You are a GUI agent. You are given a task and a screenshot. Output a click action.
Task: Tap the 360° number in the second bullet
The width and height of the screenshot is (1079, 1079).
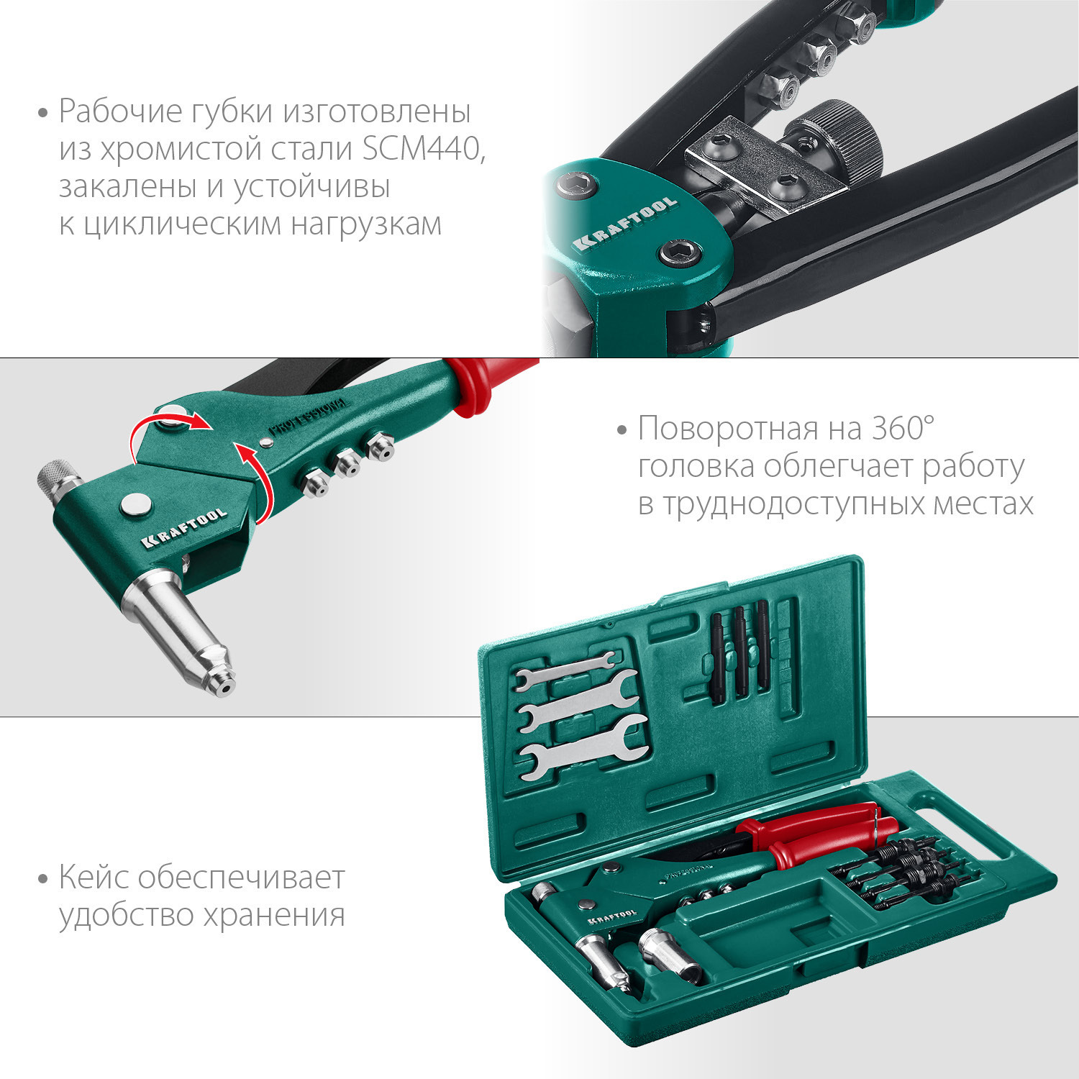(902, 429)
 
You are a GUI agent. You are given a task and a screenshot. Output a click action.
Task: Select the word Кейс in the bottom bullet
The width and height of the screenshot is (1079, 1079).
(94, 878)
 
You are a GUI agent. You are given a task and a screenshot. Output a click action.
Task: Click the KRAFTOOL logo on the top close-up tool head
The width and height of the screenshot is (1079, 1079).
(626, 222)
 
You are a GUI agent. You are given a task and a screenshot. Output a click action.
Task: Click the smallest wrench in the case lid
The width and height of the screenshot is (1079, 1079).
(565, 669)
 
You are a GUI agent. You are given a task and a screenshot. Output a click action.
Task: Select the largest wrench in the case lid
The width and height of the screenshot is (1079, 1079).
(583, 747)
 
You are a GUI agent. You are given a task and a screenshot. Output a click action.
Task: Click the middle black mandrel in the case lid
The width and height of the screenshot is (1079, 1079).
(739, 651)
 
